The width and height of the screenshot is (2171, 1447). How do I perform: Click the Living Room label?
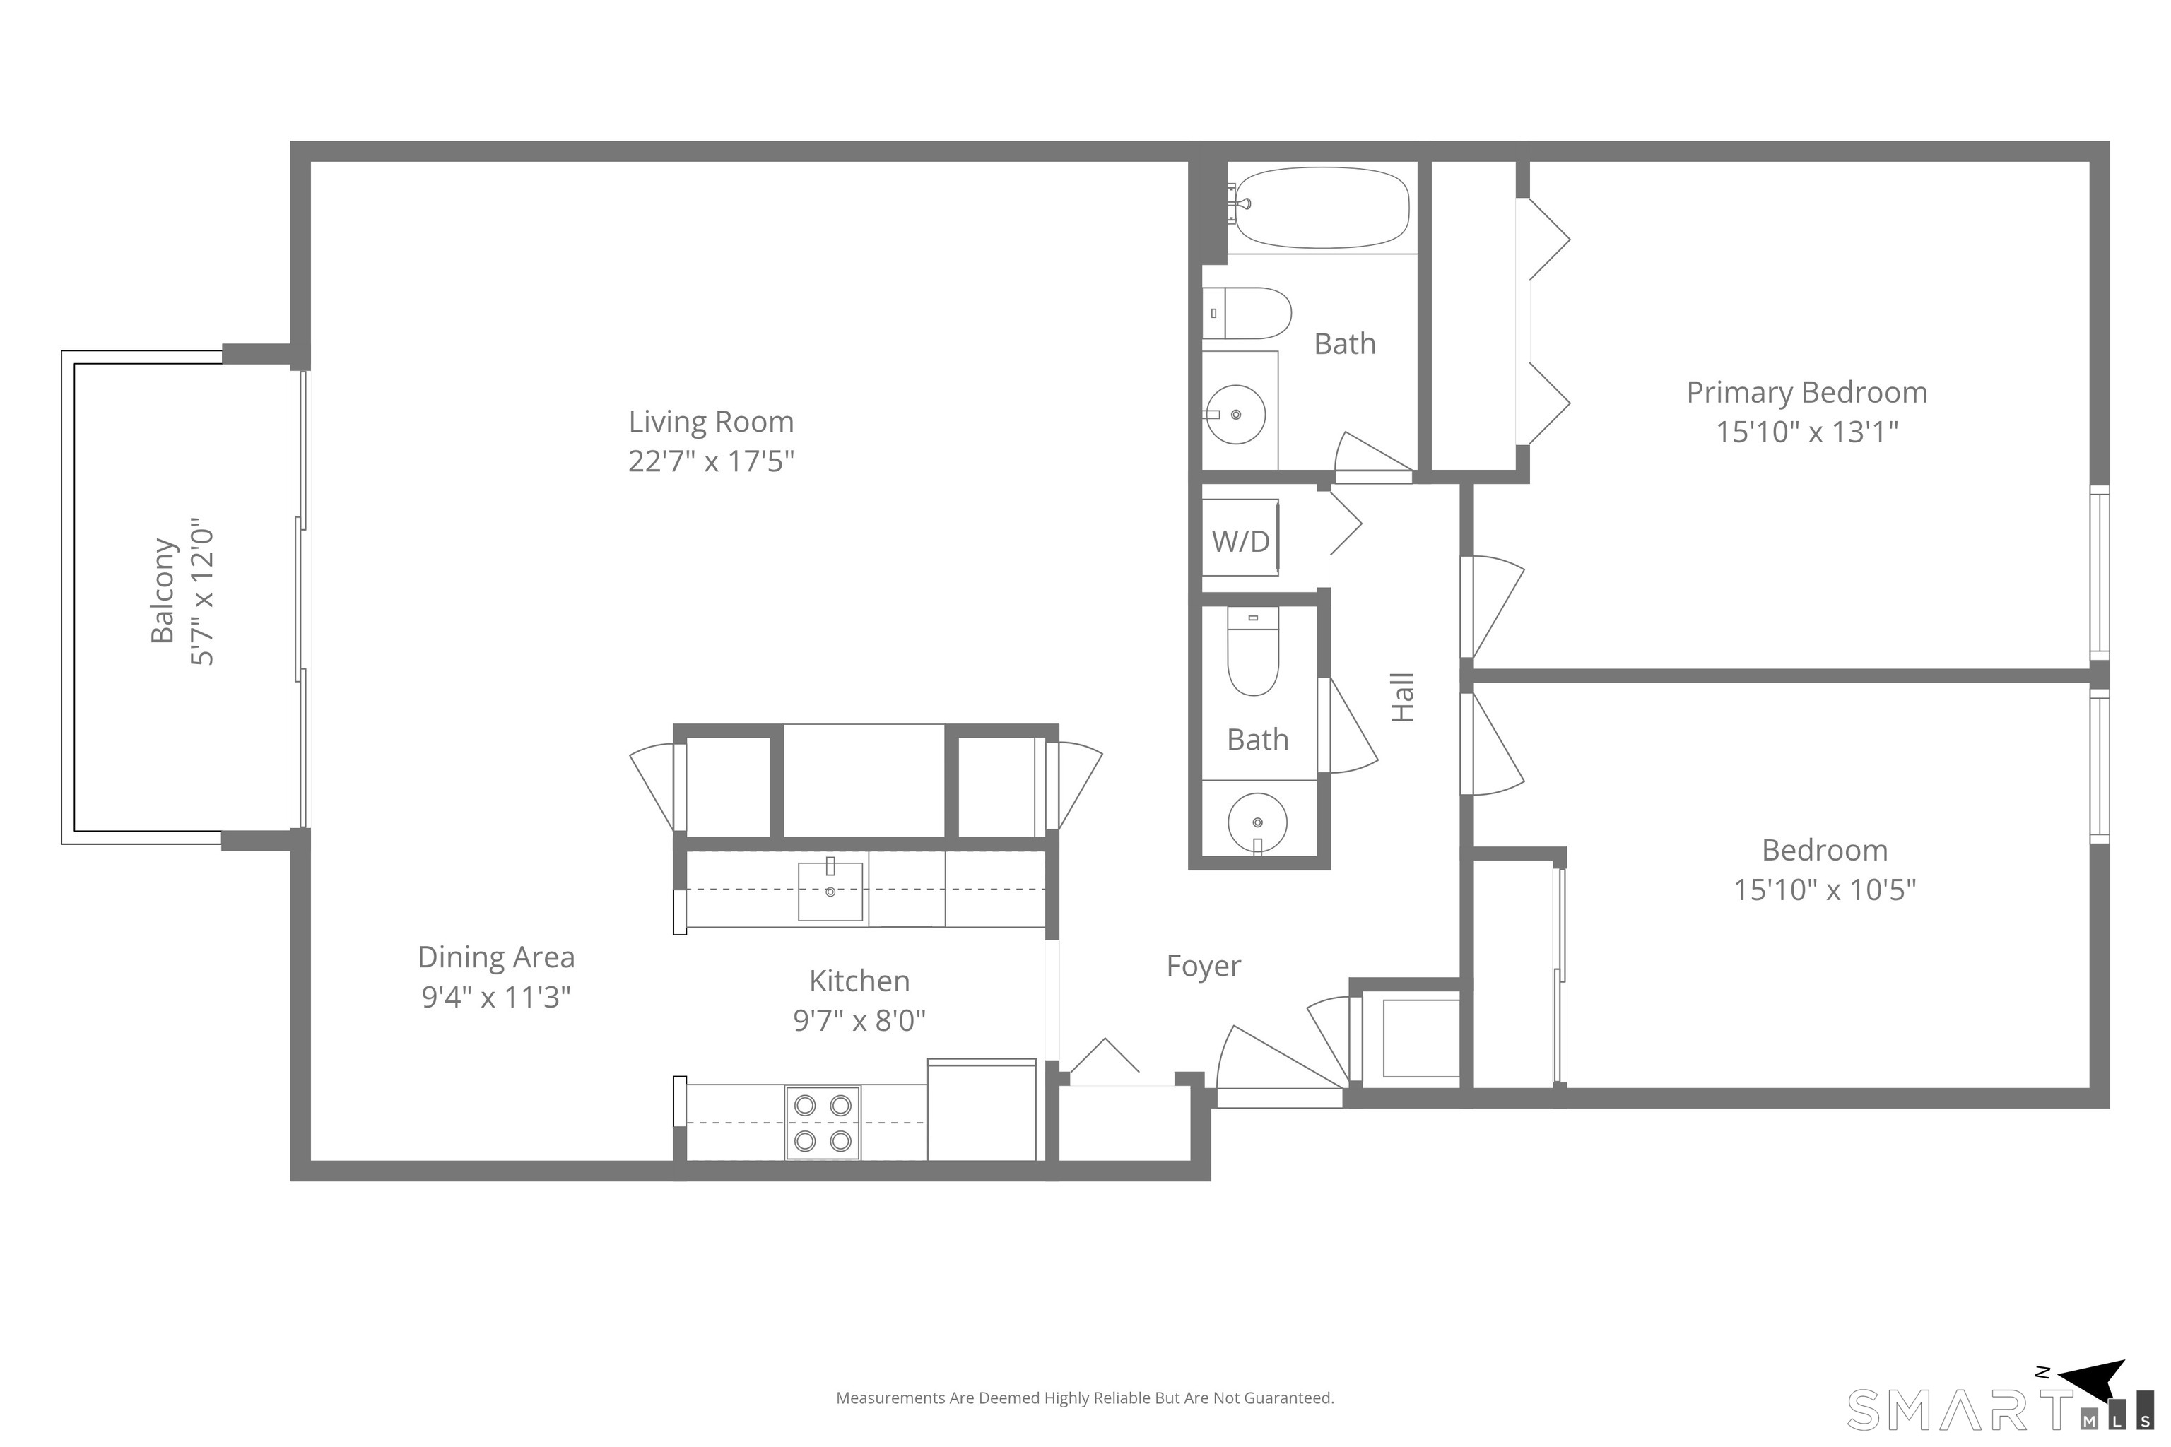711,422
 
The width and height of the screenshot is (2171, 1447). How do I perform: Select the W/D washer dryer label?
1240,541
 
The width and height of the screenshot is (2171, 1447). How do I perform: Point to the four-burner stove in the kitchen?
823,1122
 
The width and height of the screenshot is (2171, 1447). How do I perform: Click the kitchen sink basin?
831,892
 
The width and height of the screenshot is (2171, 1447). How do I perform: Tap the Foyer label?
1204,967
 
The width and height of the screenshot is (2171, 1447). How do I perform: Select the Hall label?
1402,697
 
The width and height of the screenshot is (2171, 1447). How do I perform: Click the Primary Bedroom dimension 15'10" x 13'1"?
1806,432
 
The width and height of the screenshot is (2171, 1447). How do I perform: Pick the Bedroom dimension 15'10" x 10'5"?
1825,890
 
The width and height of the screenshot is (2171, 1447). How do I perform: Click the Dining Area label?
497,957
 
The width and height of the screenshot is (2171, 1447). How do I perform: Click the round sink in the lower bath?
1257,822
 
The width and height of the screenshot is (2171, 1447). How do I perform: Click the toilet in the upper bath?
1246,313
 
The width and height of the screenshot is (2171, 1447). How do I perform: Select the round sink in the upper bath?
1236,414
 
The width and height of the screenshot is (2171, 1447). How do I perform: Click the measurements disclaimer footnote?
1085,1398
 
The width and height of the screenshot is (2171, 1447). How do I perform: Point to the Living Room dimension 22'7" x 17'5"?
711,461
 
